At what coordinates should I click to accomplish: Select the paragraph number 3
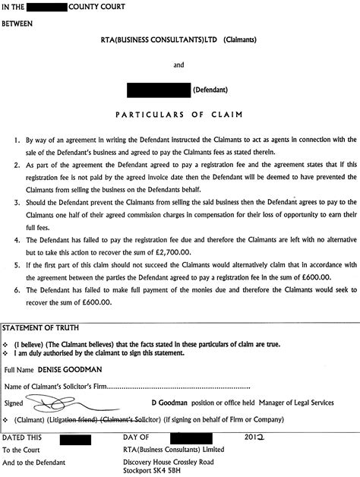click(17, 182)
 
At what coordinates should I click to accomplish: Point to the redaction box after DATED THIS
click(69, 439)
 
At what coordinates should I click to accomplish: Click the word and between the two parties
click(179, 65)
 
